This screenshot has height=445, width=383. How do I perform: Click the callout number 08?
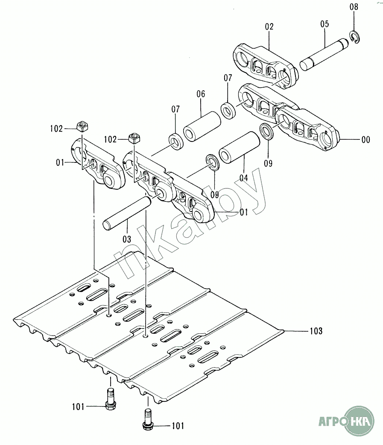354,7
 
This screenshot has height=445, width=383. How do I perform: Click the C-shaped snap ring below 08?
355,37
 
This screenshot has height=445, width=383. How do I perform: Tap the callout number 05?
325,24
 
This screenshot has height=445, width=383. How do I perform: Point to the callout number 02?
269,27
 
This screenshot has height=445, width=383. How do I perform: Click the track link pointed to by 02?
265,66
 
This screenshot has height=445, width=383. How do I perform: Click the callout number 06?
201,94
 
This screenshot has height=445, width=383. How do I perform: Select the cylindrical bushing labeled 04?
240,147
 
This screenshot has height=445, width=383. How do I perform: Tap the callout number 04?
243,178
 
